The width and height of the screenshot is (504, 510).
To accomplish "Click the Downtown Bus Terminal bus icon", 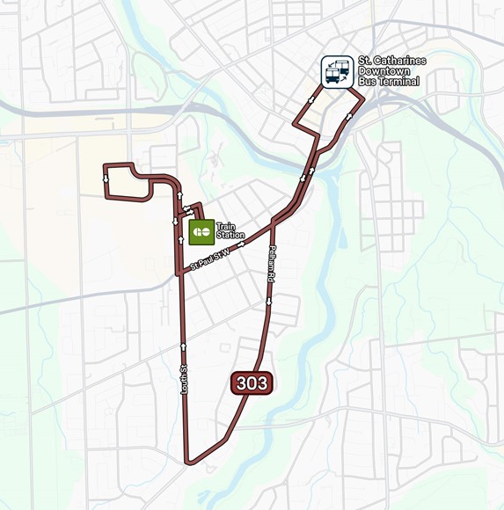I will point(337,71).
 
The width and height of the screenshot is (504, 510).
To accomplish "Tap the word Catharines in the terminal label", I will point(399,61).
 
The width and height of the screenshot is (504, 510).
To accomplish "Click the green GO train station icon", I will point(201,232).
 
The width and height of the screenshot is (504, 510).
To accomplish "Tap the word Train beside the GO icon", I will point(225,227).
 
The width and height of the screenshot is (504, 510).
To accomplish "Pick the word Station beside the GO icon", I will point(230,236).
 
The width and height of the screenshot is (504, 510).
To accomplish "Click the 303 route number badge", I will point(252,382).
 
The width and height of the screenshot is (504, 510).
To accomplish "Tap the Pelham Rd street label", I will point(272,264).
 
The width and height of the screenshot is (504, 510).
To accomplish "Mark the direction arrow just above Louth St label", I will point(185,346).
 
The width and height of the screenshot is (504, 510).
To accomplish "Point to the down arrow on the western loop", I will point(106,177).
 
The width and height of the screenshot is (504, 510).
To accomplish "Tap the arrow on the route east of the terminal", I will point(350,115).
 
